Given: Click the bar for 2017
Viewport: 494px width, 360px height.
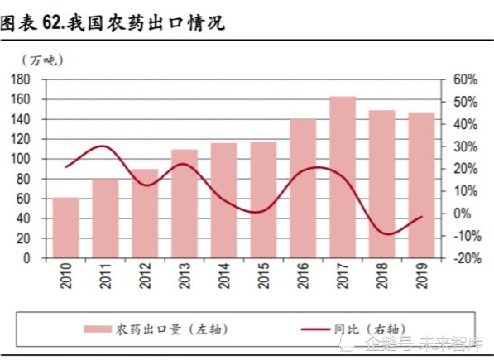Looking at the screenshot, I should coord(343,177).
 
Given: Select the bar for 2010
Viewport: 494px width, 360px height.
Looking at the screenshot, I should coord(66,228).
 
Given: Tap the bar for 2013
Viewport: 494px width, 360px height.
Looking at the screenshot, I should coord(185,204).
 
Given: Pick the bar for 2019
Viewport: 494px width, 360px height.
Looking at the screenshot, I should coord(421,185).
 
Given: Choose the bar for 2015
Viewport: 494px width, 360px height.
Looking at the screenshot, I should coord(263,199).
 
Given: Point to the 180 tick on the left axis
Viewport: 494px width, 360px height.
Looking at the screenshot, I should coord(21,79).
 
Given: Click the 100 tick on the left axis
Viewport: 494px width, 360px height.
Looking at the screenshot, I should coord(21,159).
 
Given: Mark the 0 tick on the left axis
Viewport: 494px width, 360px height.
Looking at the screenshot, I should coord(26,258).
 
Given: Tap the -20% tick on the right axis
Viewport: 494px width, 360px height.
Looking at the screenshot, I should coord(465,258).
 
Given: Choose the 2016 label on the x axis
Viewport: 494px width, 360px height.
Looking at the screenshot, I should coord(303,276).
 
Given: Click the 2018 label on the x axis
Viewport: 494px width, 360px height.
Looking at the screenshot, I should coord(381,276).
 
